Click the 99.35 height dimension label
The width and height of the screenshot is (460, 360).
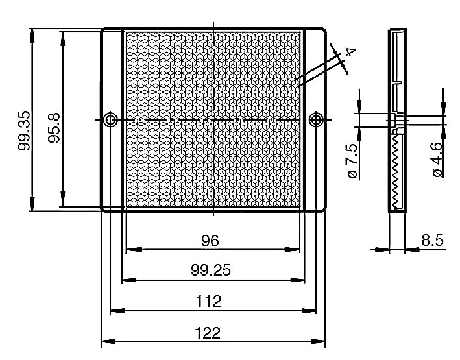tap(24, 130)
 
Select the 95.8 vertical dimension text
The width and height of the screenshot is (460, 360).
tap(54, 128)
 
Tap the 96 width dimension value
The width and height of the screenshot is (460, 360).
tap(210, 241)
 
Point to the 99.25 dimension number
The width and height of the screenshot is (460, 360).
tap(211, 270)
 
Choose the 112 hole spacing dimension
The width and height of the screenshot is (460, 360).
tap(208, 302)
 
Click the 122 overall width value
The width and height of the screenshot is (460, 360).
tap(208, 333)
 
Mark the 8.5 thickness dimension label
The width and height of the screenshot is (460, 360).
tap(432, 240)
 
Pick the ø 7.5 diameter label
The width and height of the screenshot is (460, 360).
tap(353, 160)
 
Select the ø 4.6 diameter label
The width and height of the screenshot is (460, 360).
tap(437, 160)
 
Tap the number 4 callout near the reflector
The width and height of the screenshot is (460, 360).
tap(351, 52)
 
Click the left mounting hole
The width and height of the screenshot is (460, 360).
tap(110, 120)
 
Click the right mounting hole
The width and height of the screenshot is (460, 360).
tap(316, 120)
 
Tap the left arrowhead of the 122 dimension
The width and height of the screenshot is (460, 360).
tap(108, 342)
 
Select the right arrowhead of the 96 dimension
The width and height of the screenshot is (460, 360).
tap(293, 250)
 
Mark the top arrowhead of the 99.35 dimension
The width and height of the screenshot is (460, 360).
tap(32, 36)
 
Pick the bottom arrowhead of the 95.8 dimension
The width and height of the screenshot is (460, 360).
tap(62, 199)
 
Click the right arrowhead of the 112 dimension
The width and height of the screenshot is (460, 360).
tap(309, 311)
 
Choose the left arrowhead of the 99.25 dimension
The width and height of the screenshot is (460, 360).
tap(129, 280)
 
